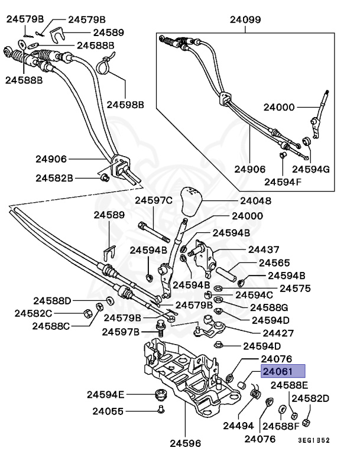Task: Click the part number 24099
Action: point(245,20)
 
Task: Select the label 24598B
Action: point(125,104)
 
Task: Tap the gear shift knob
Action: point(192,205)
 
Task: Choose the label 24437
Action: point(264,250)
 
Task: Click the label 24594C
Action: point(254,294)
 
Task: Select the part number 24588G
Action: point(268,307)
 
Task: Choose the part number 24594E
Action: point(106,394)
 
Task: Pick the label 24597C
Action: point(154,200)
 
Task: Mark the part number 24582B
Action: point(54,177)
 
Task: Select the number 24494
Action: point(238,426)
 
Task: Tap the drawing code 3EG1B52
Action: point(314,440)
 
